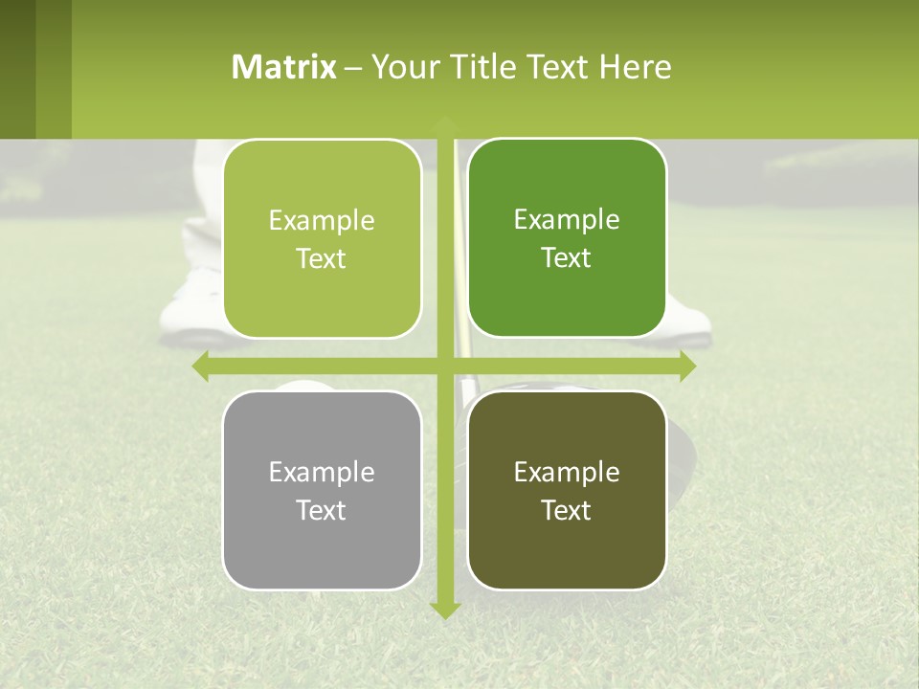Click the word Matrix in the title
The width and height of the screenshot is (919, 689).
coord(284,67)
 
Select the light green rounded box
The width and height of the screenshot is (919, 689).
coord(323,239)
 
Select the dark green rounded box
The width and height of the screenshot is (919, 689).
coord(567,238)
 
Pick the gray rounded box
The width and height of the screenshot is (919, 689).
coord(323,490)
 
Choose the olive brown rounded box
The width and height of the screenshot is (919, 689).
coord(567,490)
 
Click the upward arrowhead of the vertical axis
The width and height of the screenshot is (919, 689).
coord(444,122)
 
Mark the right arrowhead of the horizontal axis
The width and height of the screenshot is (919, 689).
coord(687,366)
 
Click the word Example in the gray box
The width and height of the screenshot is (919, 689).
coord(321,472)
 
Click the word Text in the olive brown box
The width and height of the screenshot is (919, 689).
coord(566,510)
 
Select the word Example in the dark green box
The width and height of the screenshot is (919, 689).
coord(566,220)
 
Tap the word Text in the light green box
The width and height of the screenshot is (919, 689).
coord(321,259)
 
